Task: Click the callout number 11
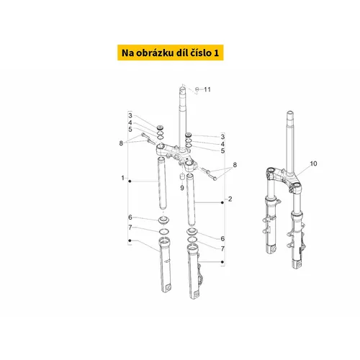click(x=207, y=89)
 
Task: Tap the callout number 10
click(x=313, y=163)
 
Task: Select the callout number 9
click(x=182, y=188)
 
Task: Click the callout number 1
click(x=123, y=178)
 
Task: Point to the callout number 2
click(x=230, y=199)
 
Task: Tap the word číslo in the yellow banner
click(x=197, y=53)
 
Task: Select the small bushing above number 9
click(x=182, y=178)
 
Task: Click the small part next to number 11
click(x=197, y=89)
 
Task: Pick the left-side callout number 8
click(x=121, y=143)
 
